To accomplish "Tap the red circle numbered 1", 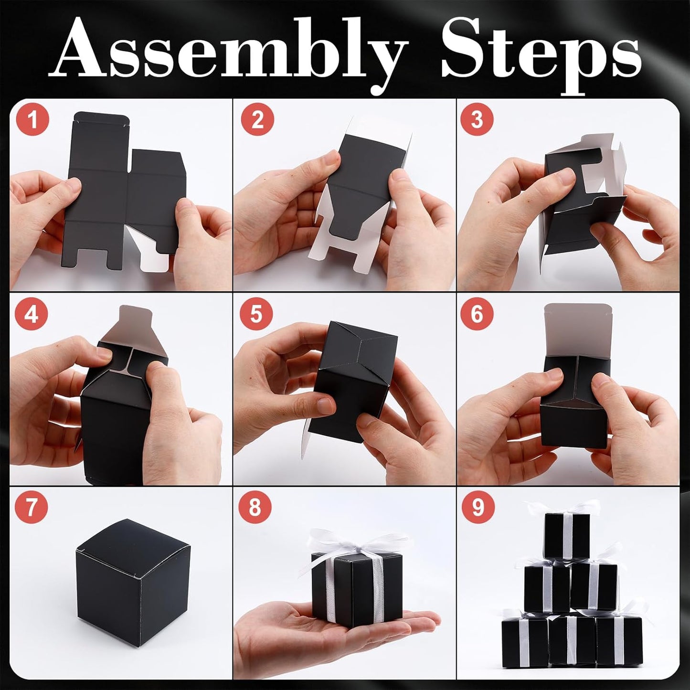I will tap(32, 119).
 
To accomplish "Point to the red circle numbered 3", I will tap(477, 119).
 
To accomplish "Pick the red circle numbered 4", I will tap(32, 314).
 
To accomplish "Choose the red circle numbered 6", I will tap(477, 314).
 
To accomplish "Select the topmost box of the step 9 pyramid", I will tap(567, 535).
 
